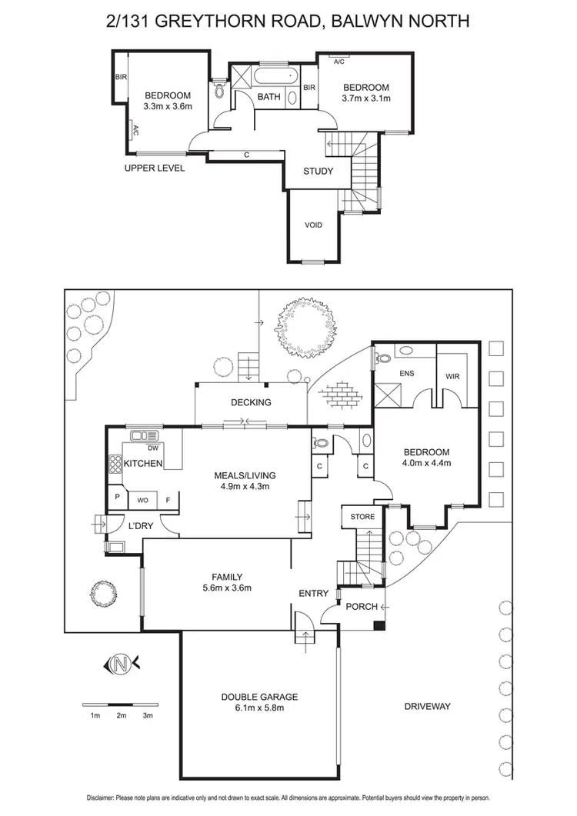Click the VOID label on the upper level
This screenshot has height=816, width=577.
click(313, 225)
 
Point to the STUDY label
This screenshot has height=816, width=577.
click(318, 171)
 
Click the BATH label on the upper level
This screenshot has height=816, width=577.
click(268, 97)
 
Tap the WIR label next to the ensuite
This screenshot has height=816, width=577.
click(452, 377)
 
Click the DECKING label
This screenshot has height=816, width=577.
click(251, 402)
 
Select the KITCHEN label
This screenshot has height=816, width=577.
click(143, 463)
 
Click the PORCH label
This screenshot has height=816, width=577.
click(362, 607)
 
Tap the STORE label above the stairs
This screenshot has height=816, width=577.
click(362, 516)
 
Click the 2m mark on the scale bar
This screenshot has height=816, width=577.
click(122, 715)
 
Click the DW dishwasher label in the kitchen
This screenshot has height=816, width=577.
click(153, 448)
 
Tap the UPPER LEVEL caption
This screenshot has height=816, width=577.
click(155, 168)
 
